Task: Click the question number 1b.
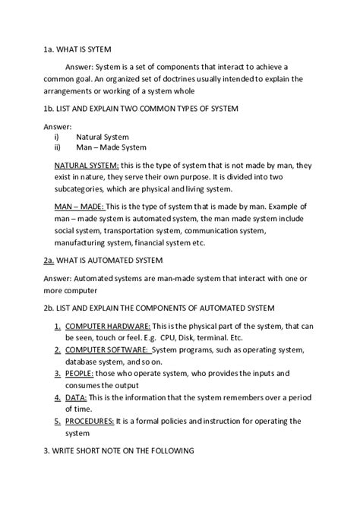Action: tap(49, 109)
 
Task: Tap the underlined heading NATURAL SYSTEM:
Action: tap(87, 165)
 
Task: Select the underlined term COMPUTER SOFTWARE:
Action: tap(106, 349)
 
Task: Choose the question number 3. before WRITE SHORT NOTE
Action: tap(46, 451)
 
